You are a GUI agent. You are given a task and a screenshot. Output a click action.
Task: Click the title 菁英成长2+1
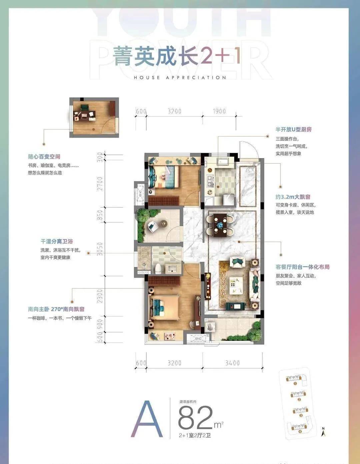click(177, 56)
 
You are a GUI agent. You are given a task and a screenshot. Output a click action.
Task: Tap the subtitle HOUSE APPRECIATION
click(180, 78)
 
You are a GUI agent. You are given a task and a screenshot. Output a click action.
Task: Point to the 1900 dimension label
click(219, 111)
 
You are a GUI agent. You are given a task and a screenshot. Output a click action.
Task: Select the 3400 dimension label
click(232, 363)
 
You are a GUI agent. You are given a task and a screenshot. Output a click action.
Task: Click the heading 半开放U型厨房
click(293, 129)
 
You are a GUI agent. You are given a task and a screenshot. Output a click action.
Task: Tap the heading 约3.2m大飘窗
click(293, 197)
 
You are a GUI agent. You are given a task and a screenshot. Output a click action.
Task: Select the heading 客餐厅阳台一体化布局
click(302, 267)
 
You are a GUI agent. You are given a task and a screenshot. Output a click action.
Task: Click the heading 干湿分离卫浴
click(57, 241)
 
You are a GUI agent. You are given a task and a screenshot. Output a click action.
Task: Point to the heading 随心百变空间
click(44, 157)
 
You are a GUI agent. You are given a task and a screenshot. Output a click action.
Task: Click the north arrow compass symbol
click(323, 432)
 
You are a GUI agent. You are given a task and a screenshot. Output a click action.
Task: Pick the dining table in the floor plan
click(220, 224)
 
